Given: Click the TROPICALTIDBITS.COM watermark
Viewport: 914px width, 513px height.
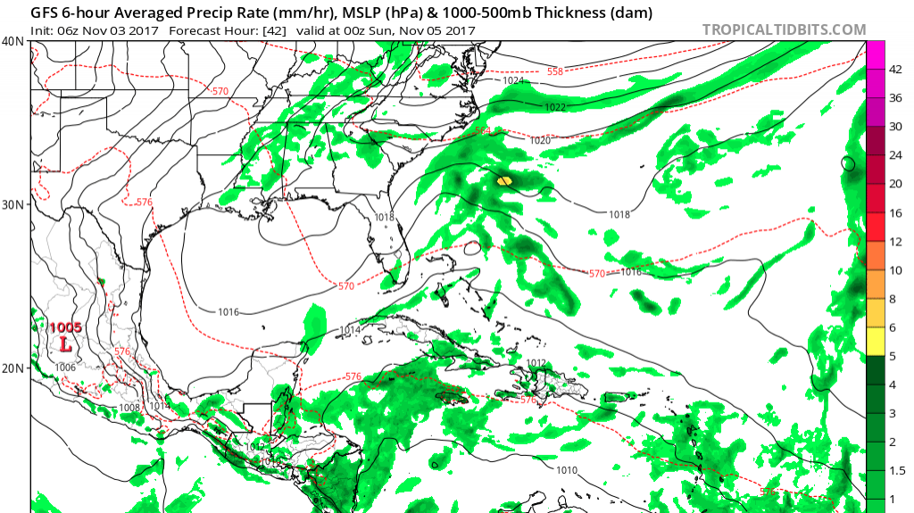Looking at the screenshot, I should point(784,29).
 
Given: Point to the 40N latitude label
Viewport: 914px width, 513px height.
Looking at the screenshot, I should point(14,41).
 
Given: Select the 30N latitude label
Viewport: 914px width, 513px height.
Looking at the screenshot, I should point(14,204).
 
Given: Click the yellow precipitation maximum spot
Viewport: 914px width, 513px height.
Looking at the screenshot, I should point(504,180).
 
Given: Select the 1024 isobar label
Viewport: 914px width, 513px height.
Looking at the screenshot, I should point(513,81).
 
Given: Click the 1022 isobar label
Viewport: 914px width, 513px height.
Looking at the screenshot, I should point(554,108).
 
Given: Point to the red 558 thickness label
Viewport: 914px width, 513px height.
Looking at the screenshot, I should point(554,70).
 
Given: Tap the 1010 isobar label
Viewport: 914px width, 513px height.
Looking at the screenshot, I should point(567,470).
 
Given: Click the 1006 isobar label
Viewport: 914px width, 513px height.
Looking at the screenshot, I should point(65,368).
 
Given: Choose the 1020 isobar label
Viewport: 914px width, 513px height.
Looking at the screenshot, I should point(540,141).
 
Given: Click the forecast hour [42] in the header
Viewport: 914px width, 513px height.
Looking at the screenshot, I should point(287,30).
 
